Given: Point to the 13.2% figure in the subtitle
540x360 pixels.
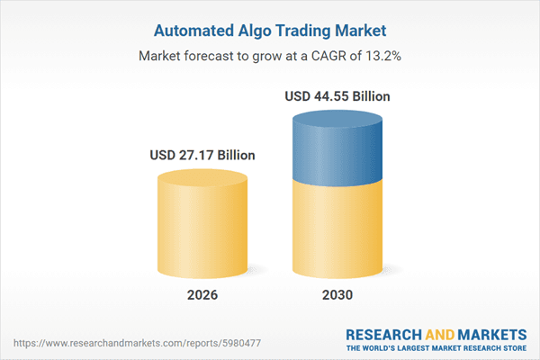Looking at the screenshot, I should (x=381, y=55).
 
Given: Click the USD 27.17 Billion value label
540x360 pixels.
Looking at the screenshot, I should (x=202, y=155).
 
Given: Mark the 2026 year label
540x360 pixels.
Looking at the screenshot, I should (x=202, y=295).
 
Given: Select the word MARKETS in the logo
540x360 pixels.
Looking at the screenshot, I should (x=492, y=331).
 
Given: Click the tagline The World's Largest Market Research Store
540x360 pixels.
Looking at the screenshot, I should (x=436, y=346).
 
